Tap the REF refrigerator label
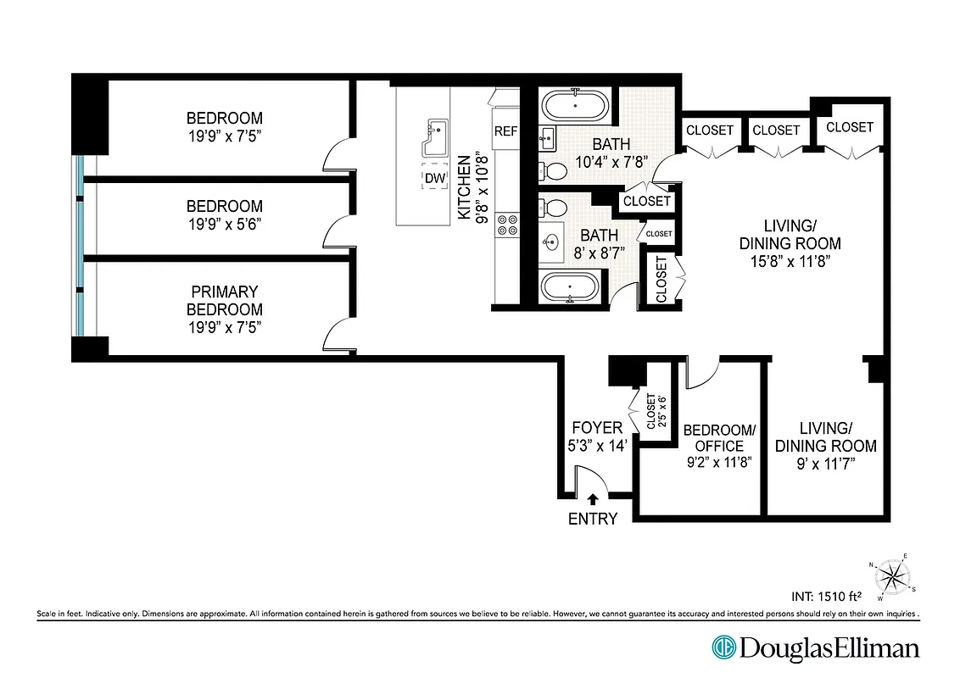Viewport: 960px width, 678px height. pyautogui.click(x=506, y=131)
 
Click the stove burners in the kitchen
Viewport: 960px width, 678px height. pyautogui.click(x=507, y=224)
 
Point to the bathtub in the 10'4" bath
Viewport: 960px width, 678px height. pyautogui.click(x=576, y=107)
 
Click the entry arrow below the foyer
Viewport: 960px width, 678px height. pyautogui.click(x=593, y=500)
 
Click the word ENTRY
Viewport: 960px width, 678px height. pyautogui.click(x=593, y=519)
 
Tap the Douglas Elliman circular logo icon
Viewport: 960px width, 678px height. pyautogui.click(x=723, y=648)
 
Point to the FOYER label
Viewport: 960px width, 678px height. pyautogui.click(x=597, y=428)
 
